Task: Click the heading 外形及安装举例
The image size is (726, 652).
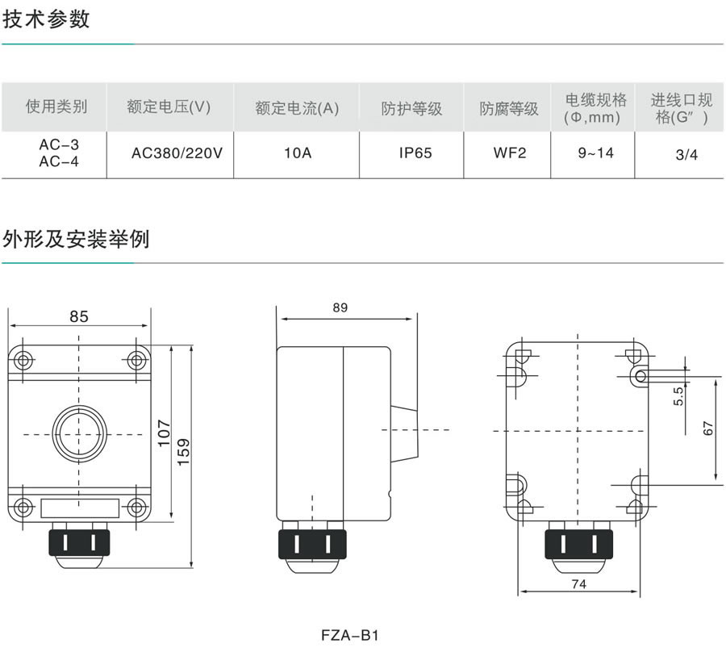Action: [76, 240]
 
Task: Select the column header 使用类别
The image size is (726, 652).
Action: [56, 107]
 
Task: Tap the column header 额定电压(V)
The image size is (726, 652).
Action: [169, 107]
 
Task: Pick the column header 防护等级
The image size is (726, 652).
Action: [411, 108]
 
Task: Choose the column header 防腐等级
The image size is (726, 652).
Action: [509, 108]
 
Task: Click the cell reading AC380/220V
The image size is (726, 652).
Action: [177, 153]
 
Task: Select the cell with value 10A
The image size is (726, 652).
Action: [297, 153]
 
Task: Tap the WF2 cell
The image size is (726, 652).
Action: [509, 153]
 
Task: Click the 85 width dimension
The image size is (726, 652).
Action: [78, 317]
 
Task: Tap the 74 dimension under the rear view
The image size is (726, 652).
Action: [579, 583]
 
